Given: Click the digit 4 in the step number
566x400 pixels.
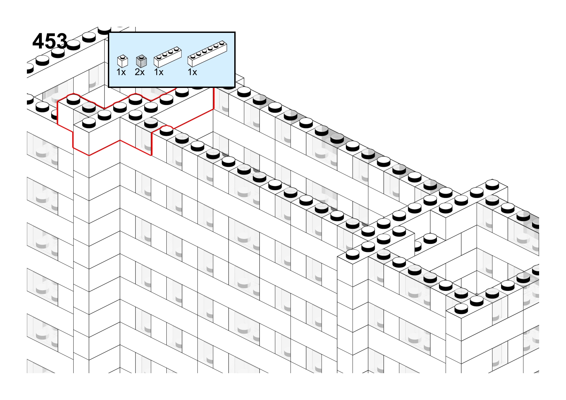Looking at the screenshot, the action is (x=38, y=41).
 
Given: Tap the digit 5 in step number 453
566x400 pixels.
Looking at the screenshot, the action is (x=50, y=41).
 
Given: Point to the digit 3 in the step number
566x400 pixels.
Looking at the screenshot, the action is (x=62, y=41).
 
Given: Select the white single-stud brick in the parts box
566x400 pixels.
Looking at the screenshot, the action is (x=123, y=61).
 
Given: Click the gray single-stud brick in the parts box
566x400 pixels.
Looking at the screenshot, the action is (x=141, y=61).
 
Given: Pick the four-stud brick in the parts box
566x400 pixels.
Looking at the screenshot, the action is (x=167, y=57).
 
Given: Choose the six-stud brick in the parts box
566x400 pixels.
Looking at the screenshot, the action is (x=207, y=54).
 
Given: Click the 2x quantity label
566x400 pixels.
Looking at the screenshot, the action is (x=139, y=72).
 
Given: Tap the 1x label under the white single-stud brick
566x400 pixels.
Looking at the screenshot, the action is (x=121, y=72).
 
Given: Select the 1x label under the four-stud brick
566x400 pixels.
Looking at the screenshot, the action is (x=159, y=72).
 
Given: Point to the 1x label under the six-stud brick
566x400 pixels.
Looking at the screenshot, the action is (x=192, y=72).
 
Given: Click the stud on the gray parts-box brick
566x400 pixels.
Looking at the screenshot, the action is (x=141, y=56).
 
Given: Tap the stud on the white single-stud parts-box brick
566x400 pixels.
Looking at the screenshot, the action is (x=123, y=56).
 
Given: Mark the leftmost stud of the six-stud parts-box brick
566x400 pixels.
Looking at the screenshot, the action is (x=193, y=56).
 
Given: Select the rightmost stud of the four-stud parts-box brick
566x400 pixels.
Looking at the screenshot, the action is (x=176, y=48).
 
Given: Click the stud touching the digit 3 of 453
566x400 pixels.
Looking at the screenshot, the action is (x=73, y=45).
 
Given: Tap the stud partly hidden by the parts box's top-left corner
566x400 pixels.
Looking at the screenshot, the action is (x=104, y=30).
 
